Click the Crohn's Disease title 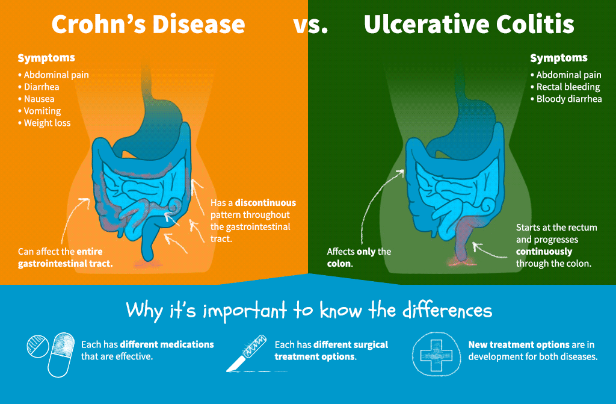coord(148,25)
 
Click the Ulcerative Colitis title coord(469,25)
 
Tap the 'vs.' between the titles coord(310,26)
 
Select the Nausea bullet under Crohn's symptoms coord(36,99)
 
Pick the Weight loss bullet coord(45,123)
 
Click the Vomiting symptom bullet coord(39,111)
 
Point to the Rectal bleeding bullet coord(565,87)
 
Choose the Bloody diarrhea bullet coord(566,99)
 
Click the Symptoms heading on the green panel coord(559,58)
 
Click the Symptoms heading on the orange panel coord(46,58)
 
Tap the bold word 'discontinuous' coord(265,202)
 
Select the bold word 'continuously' coord(544,252)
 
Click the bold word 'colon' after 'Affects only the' coord(339,264)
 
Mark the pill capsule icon coord(61,355)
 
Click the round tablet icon coord(38,347)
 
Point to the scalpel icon coord(247,353)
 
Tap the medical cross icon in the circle coord(436,355)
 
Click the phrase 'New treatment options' coord(519,345)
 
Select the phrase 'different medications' coord(167,344)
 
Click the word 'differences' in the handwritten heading coord(447,311)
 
